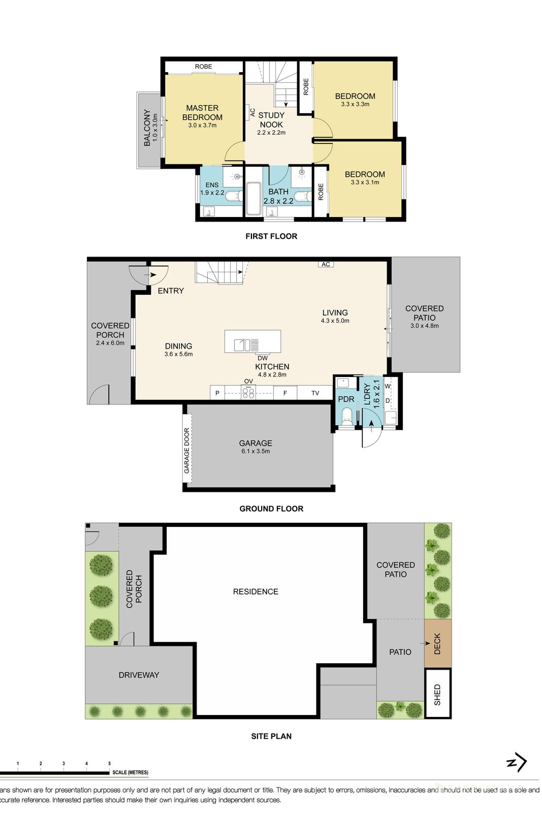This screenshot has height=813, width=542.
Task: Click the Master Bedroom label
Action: pyautogui.click(x=202, y=112)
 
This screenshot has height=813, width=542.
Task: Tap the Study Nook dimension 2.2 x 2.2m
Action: pyautogui.click(x=271, y=133)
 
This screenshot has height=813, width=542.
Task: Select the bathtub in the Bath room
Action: pyautogui.click(x=253, y=199)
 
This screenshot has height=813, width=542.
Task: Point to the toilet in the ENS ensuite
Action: pyautogui.click(x=234, y=197)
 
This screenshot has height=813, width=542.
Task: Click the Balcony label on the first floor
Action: pyautogui.click(x=147, y=128)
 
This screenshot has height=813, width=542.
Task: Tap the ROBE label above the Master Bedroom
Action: pyautogui.click(x=203, y=67)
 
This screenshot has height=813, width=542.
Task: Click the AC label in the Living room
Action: pyautogui.click(x=326, y=264)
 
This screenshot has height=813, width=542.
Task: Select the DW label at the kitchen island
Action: pyautogui.click(x=262, y=358)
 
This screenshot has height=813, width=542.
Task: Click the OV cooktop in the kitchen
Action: pyautogui.click(x=248, y=392)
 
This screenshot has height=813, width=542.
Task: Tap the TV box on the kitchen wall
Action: pyautogui.click(x=315, y=393)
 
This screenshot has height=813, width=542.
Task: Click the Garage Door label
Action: pyautogui.click(x=187, y=451)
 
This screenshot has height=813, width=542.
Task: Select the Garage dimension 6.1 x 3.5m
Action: pyautogui.click(x=256, y=451)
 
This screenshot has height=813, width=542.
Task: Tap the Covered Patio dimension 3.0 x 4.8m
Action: pyautogui.click(x=424, y=326)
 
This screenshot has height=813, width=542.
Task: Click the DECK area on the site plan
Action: pyautogui.click(x=437, y=643)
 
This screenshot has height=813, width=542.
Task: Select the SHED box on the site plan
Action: pyautogui.click(x=437, y=694)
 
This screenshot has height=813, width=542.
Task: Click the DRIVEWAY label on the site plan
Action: pyautogui.click(x=139, y=675)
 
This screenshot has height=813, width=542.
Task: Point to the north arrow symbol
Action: pyautogui.click(x=517, y=762)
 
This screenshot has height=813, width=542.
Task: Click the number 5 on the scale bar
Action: pyautogui.click(x=109, y=763)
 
